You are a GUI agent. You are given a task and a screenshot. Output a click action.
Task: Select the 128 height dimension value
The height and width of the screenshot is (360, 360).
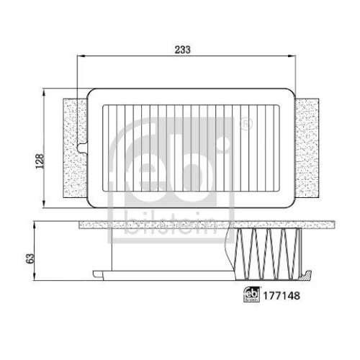[40, 159]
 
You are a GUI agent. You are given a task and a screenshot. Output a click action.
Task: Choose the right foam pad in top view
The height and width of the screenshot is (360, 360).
[308, 148]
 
